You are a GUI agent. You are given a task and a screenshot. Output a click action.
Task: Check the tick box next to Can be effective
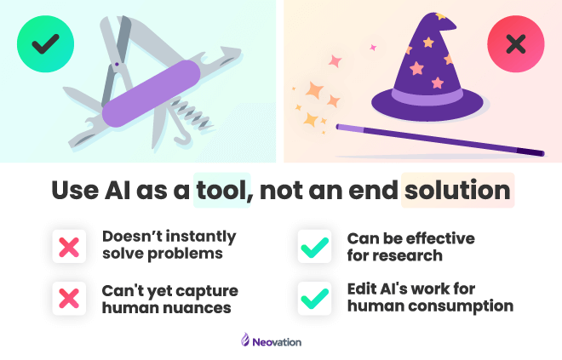(x=315, y=247)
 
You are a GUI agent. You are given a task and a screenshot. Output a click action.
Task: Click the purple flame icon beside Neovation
(x=245, y=340)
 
